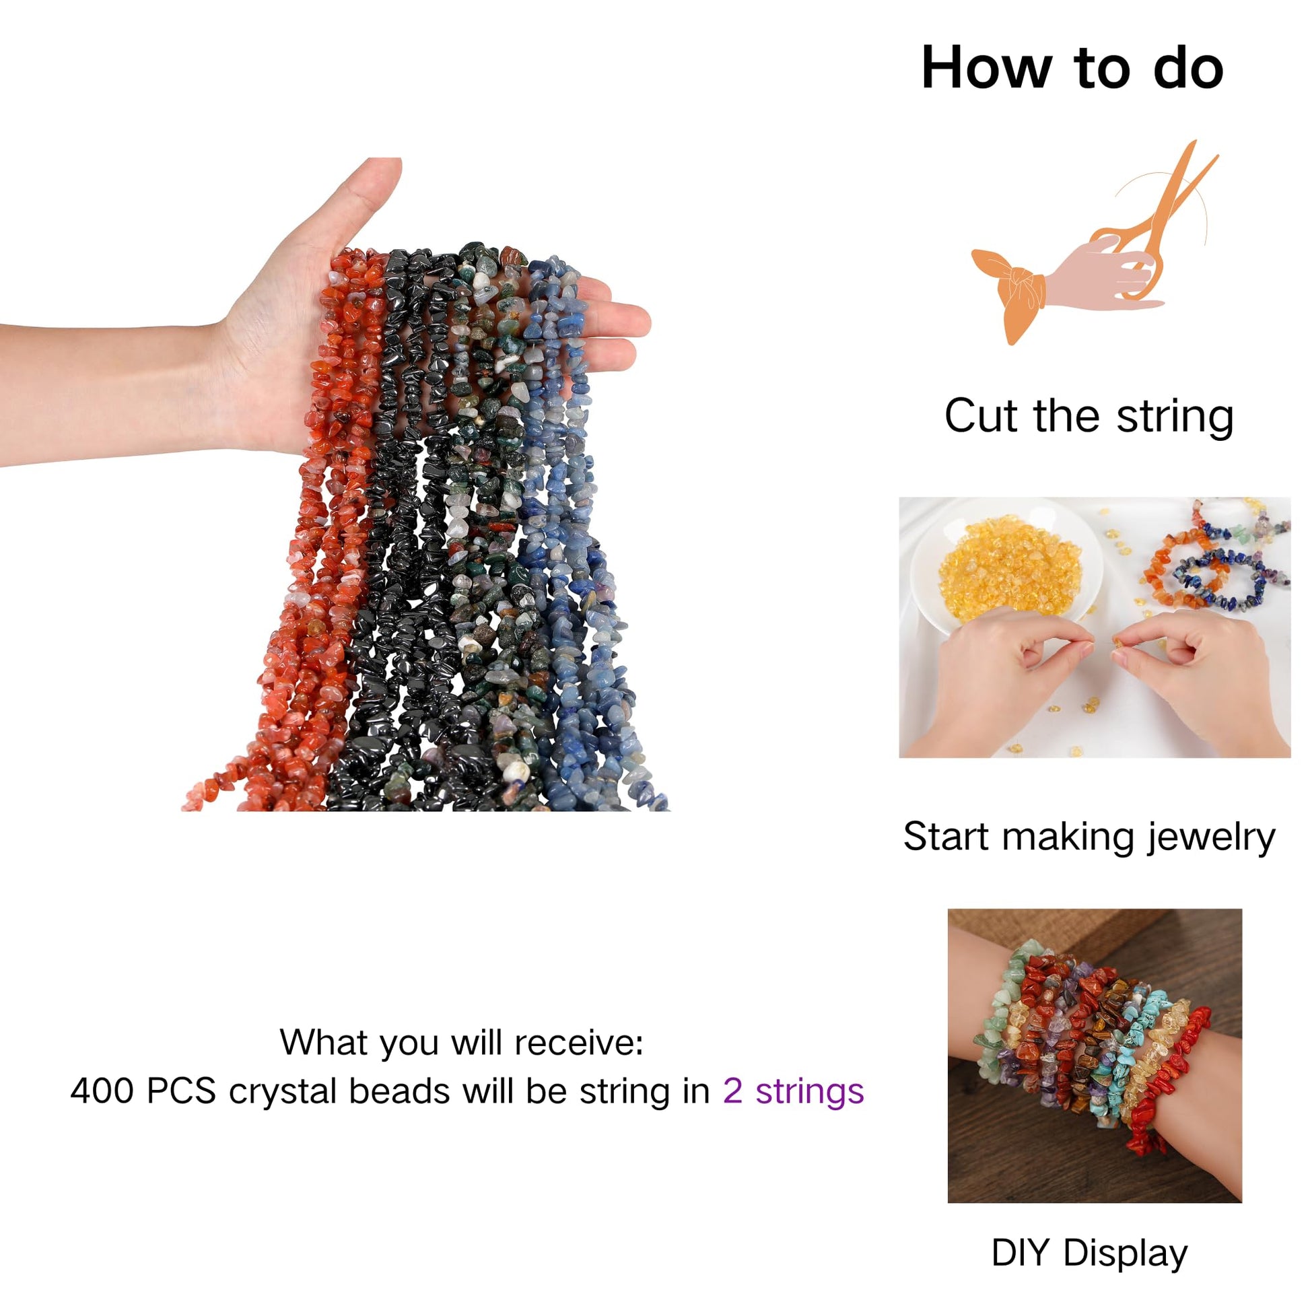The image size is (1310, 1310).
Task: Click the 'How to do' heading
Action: tap(1072, 68)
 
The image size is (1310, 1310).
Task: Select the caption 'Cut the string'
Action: tap(1089, 416)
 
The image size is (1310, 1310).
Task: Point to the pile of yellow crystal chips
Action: tap(1010, 568)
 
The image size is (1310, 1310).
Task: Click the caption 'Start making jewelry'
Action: tap(1089, 837)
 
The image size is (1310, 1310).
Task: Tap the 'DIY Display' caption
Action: tap(1090, 1252)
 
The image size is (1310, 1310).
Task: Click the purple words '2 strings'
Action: tap(793, 1092)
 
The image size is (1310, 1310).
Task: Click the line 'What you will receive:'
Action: tap(461, 1042)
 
